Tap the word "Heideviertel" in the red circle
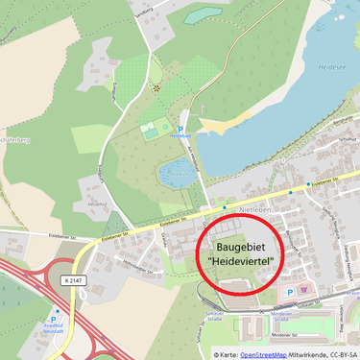(x=240, y=261)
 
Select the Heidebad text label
(x=180, y=135)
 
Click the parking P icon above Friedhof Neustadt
(x=57, y=311)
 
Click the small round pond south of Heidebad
(x=176, y=172)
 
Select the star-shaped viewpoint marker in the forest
(x=156, y=87)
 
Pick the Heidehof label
(x=96, y=204)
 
